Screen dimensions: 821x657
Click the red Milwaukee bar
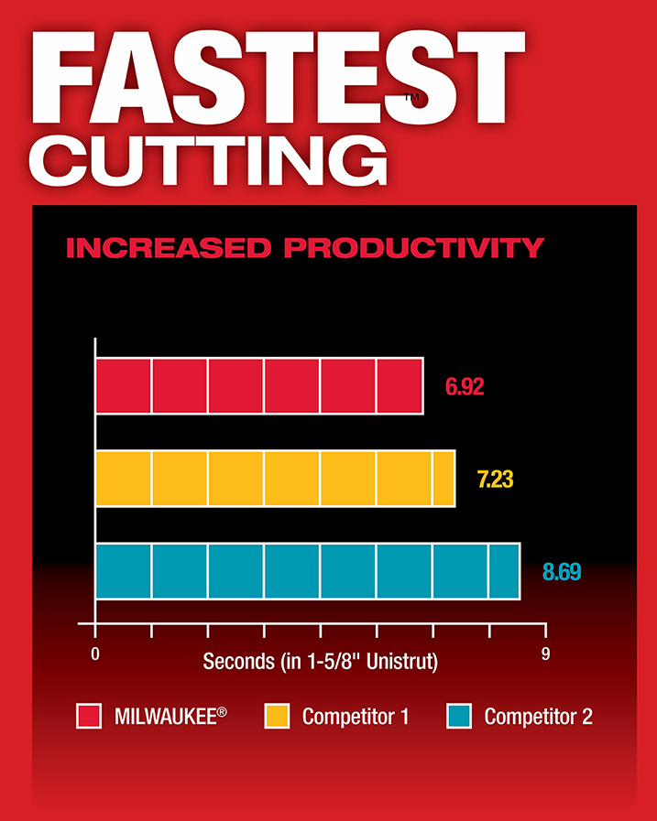tap(259, 386)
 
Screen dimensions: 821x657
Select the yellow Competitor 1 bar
tap(275, 479)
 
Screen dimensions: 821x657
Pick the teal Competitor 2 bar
tap(308, 571)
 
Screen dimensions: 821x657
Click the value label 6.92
tap(465, 386)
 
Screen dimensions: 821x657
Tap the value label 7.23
tap(497, 479)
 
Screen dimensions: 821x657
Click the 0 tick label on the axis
tap(95, 654)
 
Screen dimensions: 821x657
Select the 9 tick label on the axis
tap(546, 654)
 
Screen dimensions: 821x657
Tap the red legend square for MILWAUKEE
tap(88, 716)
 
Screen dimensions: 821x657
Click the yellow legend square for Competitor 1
tap(278, 716)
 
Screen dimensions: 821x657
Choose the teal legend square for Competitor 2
tap(459, 716)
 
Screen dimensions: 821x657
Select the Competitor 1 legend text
tap(356, 716)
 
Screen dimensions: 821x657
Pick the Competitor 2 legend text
tap(538, 716)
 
